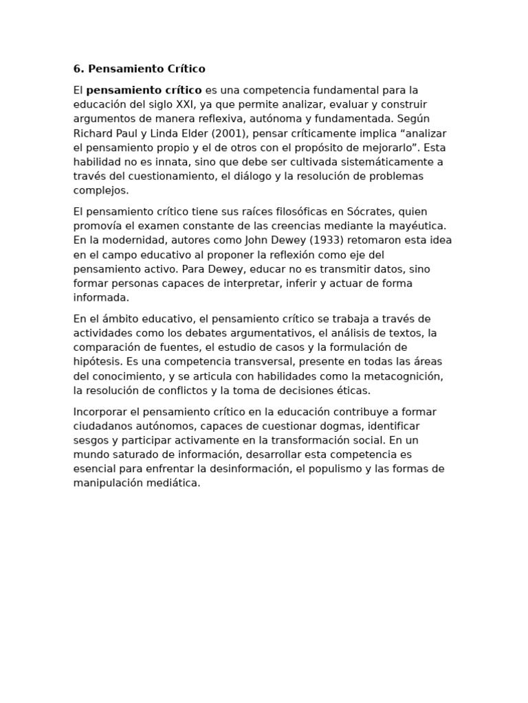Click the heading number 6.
(78, 69)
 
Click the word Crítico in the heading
(186, 69)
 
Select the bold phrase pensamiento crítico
(144, 90)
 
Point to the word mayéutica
(419, 226)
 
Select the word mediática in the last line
(175, 483)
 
